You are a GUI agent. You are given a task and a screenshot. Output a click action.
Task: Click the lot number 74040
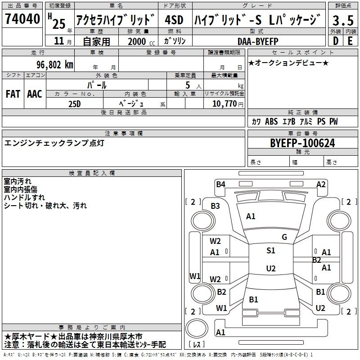[x=22, y=18]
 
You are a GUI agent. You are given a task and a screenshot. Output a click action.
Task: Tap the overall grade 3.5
[x=343, y=20]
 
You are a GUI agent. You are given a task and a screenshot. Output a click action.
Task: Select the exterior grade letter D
[x=336, y=41]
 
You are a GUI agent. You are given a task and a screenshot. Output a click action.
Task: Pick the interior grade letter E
[x=350, y=41]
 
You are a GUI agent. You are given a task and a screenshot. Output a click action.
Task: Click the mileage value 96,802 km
[x=55, y=65]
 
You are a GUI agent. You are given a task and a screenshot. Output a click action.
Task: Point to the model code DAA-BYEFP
[x=258, y=41]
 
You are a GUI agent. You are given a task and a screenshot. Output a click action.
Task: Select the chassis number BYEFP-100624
[x=302, y=143]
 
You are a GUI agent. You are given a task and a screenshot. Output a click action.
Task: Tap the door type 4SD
[x=174, y=20]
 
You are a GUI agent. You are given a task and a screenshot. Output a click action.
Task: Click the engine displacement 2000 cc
[x=141, y=41]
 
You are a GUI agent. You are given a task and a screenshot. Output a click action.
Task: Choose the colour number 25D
[x=75, y=104]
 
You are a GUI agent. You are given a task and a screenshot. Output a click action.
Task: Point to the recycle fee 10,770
[x=225, y=104]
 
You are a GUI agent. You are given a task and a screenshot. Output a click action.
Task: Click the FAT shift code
[x=13, y=94]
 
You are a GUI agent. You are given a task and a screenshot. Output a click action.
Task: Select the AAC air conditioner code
[x=35, y=94]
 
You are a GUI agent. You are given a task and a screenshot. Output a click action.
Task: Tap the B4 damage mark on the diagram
[x=220, y=184]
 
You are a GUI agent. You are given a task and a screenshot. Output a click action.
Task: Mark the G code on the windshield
[x=284, y=237]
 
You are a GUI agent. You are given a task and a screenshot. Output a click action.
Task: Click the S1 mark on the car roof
[x=271, y=250]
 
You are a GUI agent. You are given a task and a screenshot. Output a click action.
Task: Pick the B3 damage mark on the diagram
[x=216, y=206]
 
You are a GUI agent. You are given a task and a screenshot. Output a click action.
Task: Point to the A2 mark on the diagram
[x=321, y=184]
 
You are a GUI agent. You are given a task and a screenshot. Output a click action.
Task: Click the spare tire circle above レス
[x=197, y=328]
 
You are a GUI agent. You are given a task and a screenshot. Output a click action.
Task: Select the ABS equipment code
[x=271, y=121]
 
